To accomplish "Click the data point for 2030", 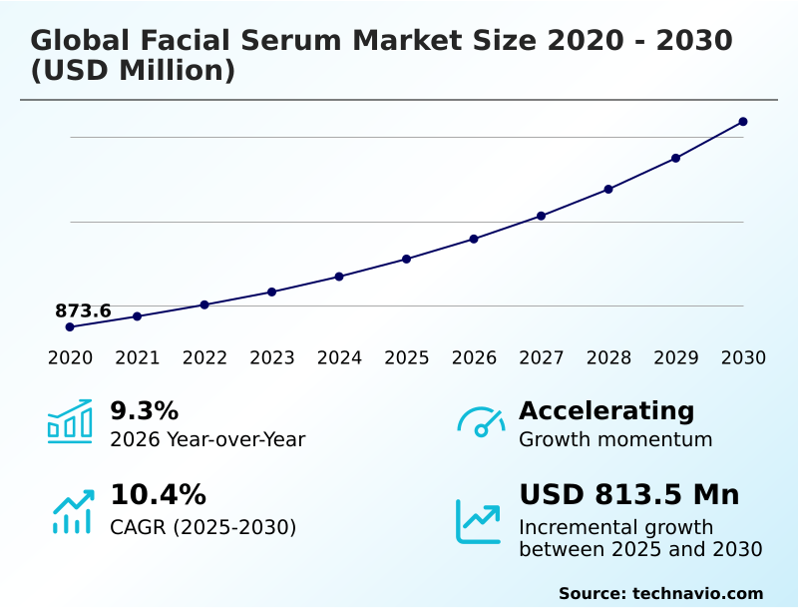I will (x=743, y=122).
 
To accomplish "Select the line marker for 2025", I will (x=407, y=259).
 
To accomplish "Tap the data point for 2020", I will (x=70, y=326).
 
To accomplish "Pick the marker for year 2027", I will (x=542, y=216).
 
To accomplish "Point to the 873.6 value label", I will (x=83, y=310).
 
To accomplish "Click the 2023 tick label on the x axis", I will (x=272, y=358).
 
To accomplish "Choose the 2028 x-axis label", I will (x=608, y=358).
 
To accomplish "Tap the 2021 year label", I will (x=138, y=358).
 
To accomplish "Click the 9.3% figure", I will (x=144, y=410).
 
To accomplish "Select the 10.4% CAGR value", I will (x=158, y=494).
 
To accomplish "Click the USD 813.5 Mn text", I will (x=629, y=494).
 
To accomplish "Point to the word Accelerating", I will (x=606, y=410).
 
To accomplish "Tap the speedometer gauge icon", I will (x=481, y=421).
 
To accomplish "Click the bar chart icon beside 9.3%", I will (x=70, y=421).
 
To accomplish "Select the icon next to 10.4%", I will (x=72, y=511).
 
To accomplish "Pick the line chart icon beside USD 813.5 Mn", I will (x=479, y=520).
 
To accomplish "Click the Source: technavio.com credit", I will (x=660, y=593).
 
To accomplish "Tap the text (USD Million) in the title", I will (x=133, y=71).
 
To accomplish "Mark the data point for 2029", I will (x=676, y=158).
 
